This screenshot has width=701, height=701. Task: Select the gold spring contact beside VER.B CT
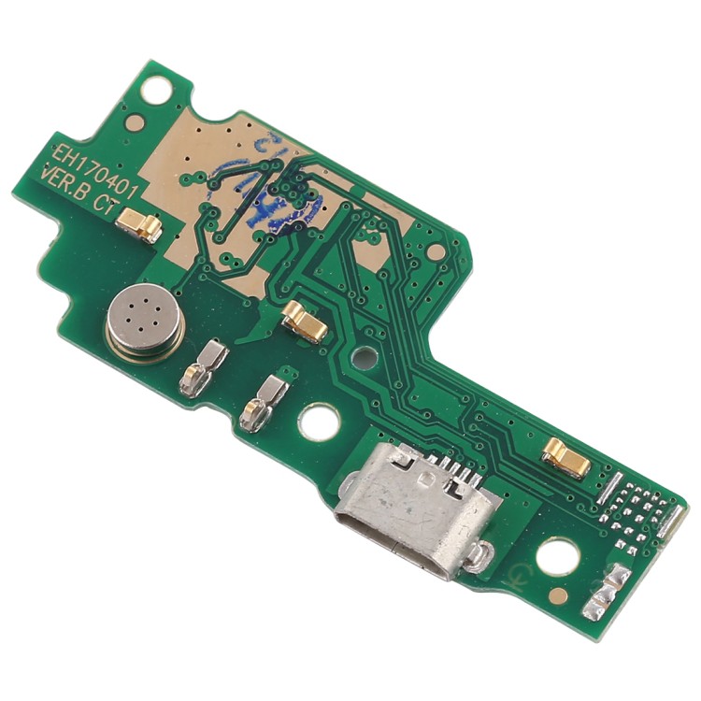[141, 225]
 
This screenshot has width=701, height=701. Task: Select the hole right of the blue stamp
[436, 250]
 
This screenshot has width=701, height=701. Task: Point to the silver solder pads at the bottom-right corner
[608, 590]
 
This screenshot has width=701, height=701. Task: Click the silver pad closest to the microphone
[203, 364]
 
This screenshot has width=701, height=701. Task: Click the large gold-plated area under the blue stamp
[234, 159]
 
